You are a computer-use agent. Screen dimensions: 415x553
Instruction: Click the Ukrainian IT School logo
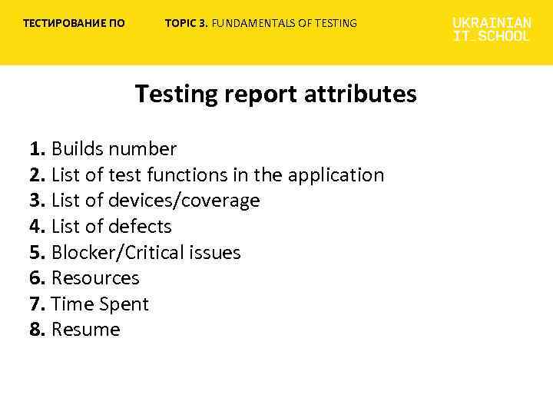(492, 30)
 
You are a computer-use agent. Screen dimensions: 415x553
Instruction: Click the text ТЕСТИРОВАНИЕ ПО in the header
(74, 23)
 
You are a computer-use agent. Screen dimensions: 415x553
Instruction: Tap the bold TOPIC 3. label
(187, 23)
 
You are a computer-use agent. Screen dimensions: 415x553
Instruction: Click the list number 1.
(37, 149)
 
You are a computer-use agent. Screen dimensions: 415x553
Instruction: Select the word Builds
(78, 149)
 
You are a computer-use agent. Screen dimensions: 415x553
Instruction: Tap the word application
(336, 175)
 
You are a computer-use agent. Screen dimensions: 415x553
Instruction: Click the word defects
(140, 227)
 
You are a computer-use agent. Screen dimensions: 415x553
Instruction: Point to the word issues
(215, 253)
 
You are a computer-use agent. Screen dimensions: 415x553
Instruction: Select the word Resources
(95, 278)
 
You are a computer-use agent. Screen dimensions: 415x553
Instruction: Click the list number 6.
(37, 278)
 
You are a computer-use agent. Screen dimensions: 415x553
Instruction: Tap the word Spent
(124, 304)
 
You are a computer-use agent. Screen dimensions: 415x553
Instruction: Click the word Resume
(85, 330)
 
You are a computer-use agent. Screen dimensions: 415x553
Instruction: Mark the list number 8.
(37, 330)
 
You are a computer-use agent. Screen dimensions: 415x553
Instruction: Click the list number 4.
(37, 227)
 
